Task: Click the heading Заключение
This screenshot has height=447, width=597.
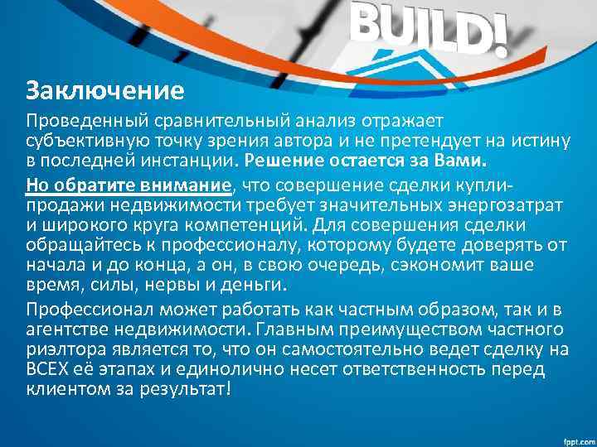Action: [x=104, y=87]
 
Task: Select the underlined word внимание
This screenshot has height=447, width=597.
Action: [x=182, y=184]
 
